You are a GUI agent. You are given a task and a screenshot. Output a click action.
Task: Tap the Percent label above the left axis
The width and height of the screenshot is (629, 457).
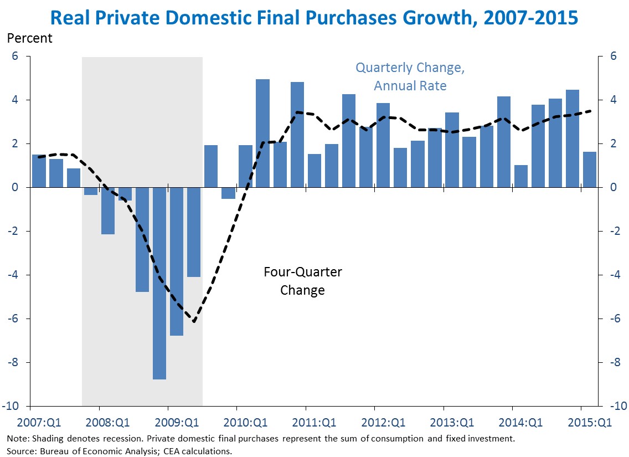click(29, 38)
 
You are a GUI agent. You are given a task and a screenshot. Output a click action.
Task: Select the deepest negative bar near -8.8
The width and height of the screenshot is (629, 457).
click(159, 283)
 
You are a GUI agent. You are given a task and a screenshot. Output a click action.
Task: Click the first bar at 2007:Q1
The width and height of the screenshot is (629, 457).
click(39, 171)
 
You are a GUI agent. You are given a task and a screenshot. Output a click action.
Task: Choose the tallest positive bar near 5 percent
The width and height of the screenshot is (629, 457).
click(262, 133)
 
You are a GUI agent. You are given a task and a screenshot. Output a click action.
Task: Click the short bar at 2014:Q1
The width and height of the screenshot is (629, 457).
click(521, 176)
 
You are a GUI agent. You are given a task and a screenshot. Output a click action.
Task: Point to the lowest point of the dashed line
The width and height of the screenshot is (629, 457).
click(194, 321)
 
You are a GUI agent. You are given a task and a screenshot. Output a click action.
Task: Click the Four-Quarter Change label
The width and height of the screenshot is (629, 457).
click(302, 281)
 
